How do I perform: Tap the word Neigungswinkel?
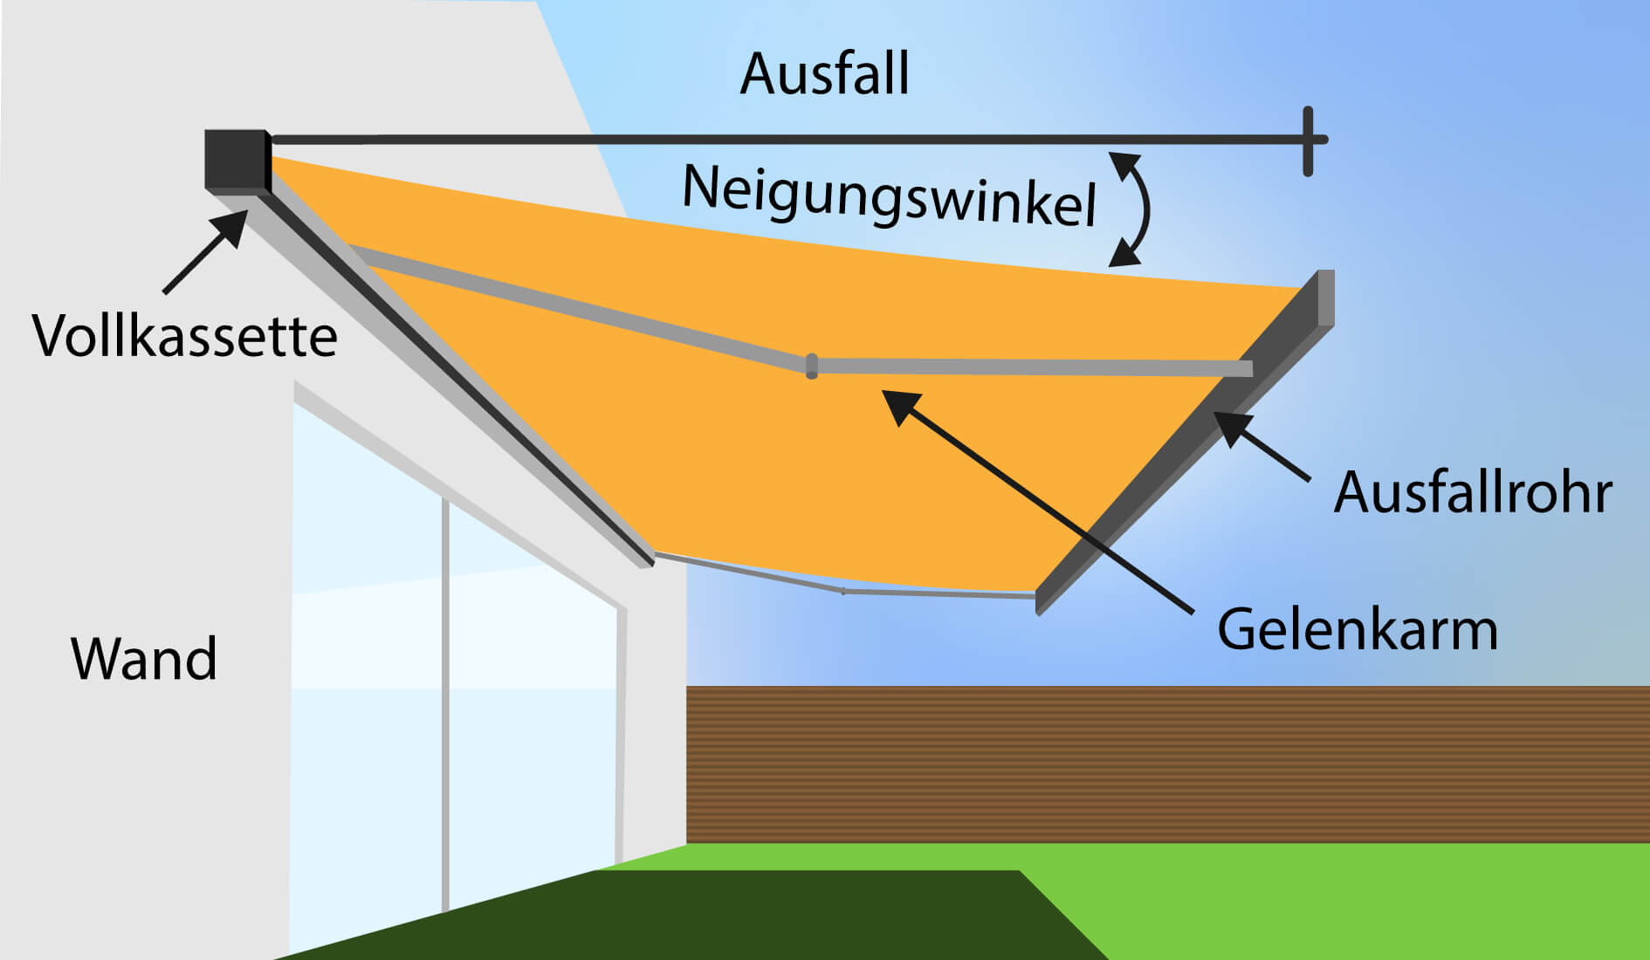pos(888,196)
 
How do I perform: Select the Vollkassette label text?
pos(185,337)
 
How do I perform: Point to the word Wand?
pos(144,659)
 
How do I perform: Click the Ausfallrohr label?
pos(1472,493)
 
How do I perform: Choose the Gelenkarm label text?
pos(1357,630)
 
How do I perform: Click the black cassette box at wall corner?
pos(237,159)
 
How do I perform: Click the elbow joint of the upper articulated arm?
pos(812,366)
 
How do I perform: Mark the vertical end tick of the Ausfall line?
pos(1308,141)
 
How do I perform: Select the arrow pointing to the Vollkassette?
pos(204,252)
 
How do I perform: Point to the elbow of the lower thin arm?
pos(842,591)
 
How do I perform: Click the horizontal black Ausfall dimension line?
pos(786,140)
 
